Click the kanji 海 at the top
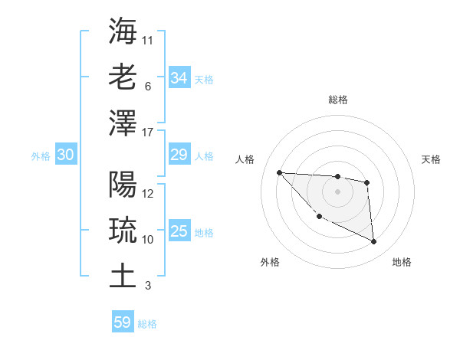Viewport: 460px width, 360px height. point(123,31)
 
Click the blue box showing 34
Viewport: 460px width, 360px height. point(179,77)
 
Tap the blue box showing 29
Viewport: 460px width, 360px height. point(179,155)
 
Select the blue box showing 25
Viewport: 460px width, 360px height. point(179,232)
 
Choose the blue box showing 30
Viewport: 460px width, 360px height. point(65,155)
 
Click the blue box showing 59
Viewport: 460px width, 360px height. point(123,322)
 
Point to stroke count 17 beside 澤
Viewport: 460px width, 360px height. point(148,132)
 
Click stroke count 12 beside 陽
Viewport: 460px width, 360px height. point(148,194)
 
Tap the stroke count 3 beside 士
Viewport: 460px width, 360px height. point(147,286)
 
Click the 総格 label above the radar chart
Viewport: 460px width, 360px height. point(337,100)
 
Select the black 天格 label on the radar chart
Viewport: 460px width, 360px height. point(432,159)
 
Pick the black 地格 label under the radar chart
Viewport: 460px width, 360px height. point(402,262)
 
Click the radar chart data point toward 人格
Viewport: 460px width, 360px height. point(280,172)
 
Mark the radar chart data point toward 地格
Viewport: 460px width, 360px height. point(374,242)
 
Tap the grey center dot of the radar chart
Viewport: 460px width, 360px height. point(337,191)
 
